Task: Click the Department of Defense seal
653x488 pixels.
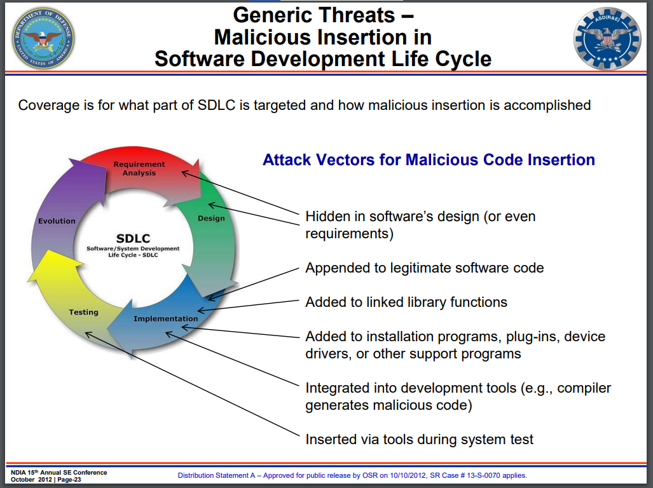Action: click(x=43, y=38)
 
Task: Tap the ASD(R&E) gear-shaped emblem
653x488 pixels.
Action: click(x=607, y=38)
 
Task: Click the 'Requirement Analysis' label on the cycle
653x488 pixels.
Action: click(x=139, y=168)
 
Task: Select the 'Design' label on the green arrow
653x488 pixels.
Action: click(x=211, y=218)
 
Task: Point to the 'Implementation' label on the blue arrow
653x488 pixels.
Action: click(x=166, y=319)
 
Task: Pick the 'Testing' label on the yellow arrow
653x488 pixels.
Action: click(x=84, y=312)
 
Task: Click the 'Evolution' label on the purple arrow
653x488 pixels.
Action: click(x=57, y=221)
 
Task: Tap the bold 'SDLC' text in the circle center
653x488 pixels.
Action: click(x=133, y=238)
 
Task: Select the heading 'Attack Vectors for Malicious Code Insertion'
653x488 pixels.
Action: click(x=429, y=159)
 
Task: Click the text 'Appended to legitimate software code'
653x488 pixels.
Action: click(x=424, y=268)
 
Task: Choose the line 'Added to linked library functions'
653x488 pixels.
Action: click(x=406, y=302)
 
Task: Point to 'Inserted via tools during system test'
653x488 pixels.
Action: click(x=419, y=439)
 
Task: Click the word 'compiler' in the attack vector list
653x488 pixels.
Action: click(x=584, y=388)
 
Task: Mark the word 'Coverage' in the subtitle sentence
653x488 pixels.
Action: click(x=49, y=105)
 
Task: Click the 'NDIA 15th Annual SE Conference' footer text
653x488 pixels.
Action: click(x=58, y=473)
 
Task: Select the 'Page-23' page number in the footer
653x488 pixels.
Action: click(x=69, y=480)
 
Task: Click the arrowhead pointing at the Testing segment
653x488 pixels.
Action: click(x=88, y=335)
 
